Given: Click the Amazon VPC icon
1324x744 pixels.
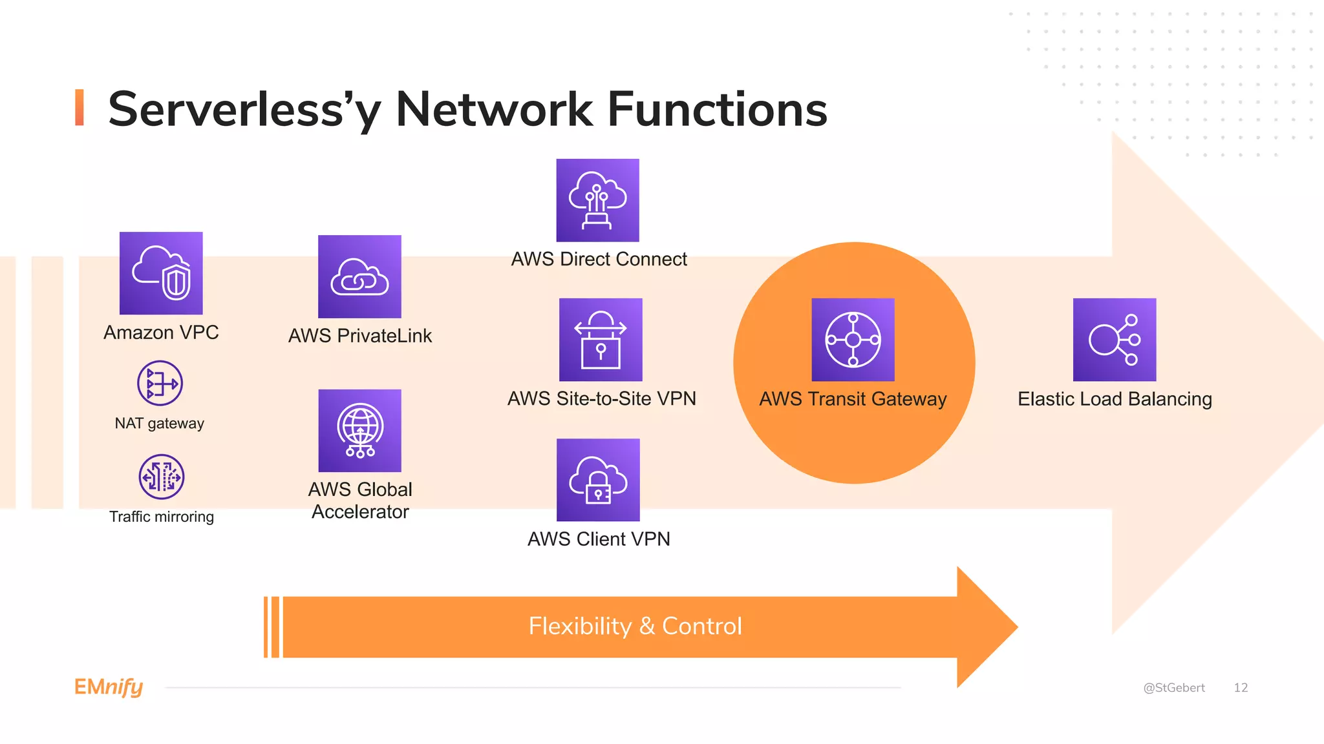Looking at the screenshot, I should pyautogui.click(x=161, y=273).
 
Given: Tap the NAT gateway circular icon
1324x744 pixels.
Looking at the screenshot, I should pyautogui.click(x=160, y=383).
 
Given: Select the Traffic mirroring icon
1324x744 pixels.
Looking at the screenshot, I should pyautogui.click(x=162, y=477).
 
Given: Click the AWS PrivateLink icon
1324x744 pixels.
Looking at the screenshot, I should pyautogui.click(x=359, y=276).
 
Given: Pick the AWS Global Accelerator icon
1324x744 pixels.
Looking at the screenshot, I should pyautogui.click(x=359, y=430).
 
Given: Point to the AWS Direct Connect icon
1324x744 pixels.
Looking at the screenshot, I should pyautogui.click(x=597, y=200).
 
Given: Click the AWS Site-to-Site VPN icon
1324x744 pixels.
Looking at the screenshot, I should pyautogui.click(x=601, y=339).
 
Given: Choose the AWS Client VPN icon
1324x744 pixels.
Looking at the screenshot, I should pyautogui.click(x=598, y=480).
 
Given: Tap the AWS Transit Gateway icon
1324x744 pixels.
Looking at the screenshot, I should pyautogui.click(x=853, y=339).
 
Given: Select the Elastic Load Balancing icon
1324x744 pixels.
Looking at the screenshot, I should pyautogui.click(x=1114, y=339).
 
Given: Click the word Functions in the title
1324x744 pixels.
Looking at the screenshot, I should pyautogui.click(x=717, y=110).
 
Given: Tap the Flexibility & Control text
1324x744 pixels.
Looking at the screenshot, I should pyautogui.click(x=635, y=626).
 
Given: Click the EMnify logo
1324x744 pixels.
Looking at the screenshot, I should pyautogui.click(x=109, y=687).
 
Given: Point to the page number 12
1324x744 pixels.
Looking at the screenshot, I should pyautogui.click(x=1240, y=688).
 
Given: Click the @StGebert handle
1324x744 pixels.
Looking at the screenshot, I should pyautogui.click(x=1173, y=688).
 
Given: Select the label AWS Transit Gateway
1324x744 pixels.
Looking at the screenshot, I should pyautogui.click(x=853, y=399).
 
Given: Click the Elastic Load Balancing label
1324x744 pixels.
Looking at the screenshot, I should pyautogui.click(x=1114, y=399).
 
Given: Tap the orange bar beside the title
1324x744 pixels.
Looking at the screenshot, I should pyautogui.click(x=80, y=107).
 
